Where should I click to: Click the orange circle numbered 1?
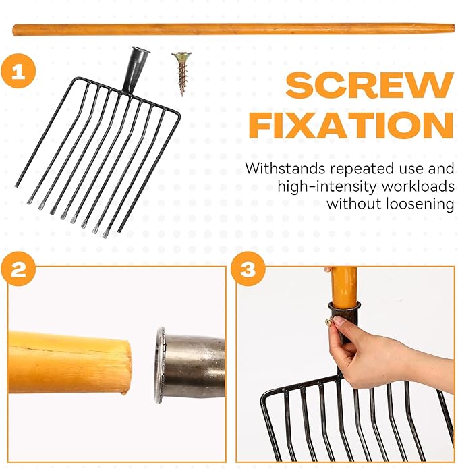click(x=18, y=71)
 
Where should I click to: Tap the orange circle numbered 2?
click(x=18, y=269)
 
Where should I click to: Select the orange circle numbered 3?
click(x=248, y=269)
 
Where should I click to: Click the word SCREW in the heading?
click(x=370, y=84)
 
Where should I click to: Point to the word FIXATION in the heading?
click(x=351, y=125)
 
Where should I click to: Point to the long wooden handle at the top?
click(x=233, y=30)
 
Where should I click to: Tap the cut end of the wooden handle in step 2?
click(x=126, y=367)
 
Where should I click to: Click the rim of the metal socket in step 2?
click(x=159, y=365)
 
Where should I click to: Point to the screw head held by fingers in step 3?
click(x=329, y=322)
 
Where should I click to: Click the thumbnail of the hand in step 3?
click(x=338, y=321)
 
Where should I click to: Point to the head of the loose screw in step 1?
click(x=181, y=55)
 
